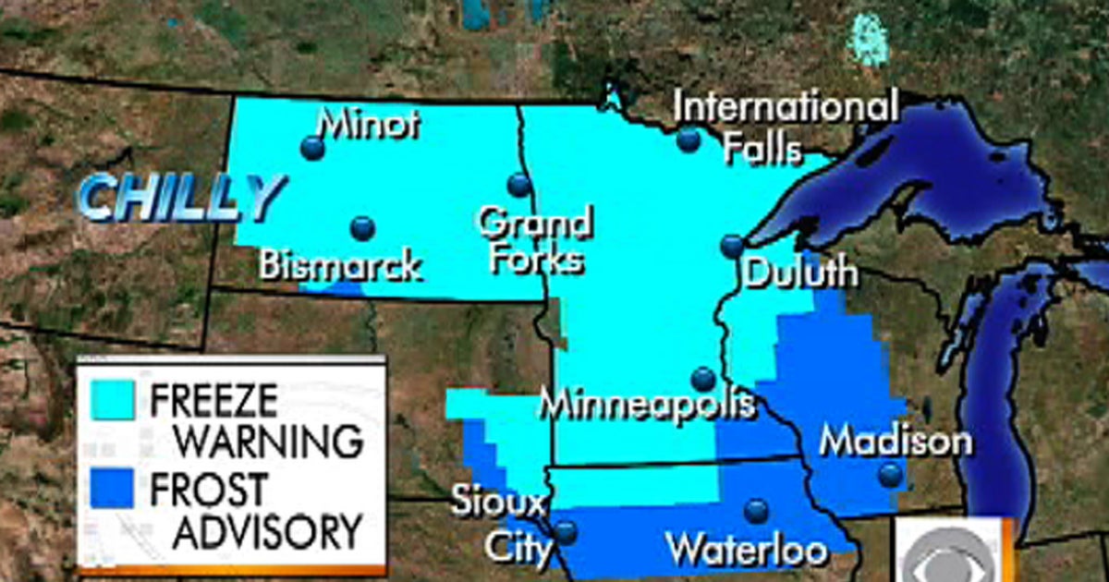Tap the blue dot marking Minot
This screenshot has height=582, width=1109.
coord(313,148)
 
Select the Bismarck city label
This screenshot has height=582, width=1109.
coord(340,266)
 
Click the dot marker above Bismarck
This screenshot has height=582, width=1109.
coord(363,228)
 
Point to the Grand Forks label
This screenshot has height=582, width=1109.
coord(536,242)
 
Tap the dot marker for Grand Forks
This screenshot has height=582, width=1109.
coord(519,185)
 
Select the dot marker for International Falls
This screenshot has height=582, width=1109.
coord(688,139)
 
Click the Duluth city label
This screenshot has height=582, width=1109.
coord(800,273)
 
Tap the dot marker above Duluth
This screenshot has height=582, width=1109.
coord(732,246)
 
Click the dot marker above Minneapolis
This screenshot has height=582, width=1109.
coord(703,379)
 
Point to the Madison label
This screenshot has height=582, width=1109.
coord(896,442)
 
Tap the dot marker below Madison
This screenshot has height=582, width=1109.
coord(890,475)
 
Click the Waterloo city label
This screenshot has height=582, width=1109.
coord(748,551)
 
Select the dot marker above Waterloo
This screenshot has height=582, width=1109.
coord(756,511)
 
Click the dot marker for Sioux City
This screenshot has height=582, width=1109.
coord(565,532)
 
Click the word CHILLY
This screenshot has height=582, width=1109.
coord(178,199)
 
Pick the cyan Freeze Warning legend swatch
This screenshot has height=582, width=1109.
coord(112,399)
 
